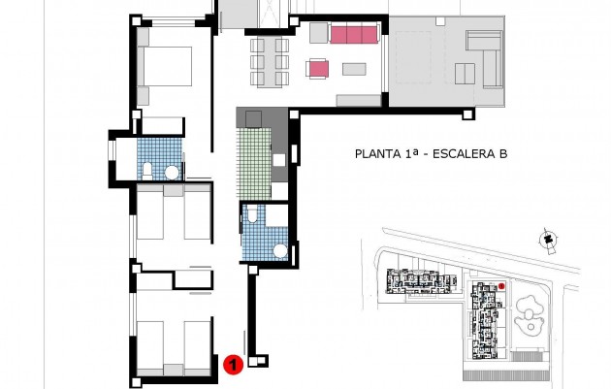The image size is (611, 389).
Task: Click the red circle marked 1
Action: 233,365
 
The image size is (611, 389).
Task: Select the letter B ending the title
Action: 503,153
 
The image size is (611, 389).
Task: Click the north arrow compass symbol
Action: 548,239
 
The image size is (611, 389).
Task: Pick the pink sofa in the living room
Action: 353,35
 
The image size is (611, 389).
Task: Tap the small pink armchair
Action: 317,68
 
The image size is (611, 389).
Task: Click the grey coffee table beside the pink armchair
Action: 354,69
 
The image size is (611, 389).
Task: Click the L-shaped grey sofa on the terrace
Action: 483,56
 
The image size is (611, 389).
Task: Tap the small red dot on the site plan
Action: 501,286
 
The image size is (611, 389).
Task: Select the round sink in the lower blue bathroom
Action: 281,250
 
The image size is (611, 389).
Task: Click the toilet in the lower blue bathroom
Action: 253,217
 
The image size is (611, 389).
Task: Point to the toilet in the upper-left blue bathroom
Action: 145,172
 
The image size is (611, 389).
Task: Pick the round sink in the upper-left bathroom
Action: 172,173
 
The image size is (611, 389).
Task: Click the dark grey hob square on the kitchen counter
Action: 254,118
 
